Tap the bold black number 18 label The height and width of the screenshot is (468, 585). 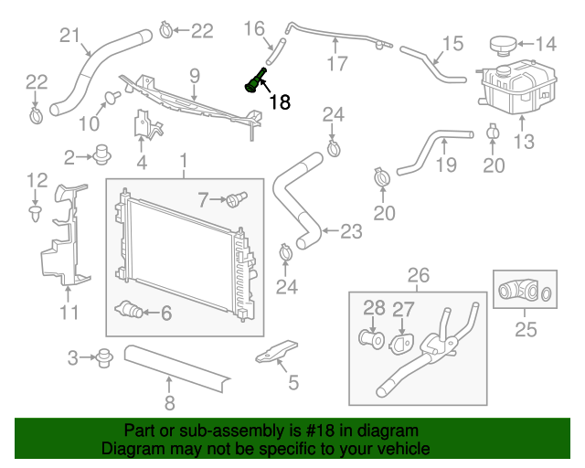pyautogui.click(x=279, y=103)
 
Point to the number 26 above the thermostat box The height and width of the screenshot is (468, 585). pyautogui.click(x=418, y=273)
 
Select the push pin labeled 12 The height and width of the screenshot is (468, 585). pyautogui.click(x=36, y=213)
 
